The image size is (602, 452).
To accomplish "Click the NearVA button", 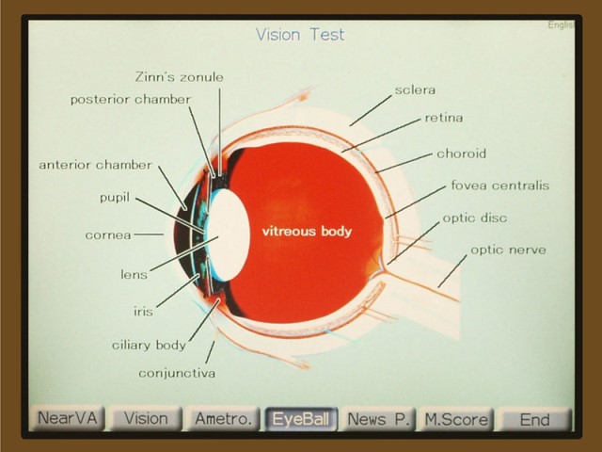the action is pyautogui.click(x=67, y=418).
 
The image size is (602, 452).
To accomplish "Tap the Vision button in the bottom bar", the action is pyautogui.click(x=146, y=418).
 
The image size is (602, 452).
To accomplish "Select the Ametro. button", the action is pyautogui.click(x=224, y=418).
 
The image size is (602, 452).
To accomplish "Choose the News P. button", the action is pyautogui.click(x=378, y=418).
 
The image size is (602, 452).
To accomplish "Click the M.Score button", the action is pyautogui.click(x=456, y=418).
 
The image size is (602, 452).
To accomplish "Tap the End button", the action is pyautogui.click(x=535, y=418).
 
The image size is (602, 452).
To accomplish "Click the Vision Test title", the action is pyautogui.click(x=300, y=35).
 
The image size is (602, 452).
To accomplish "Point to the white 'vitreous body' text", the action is pyautogui.click(x=307, y=232).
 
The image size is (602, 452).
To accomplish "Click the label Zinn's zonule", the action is pyautogui.click(x=180, y=77).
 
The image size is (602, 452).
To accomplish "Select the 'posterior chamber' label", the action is pyautogui.click(x=131, y=100).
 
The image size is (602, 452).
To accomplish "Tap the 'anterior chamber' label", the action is pyautogui.click(x=96, y=165).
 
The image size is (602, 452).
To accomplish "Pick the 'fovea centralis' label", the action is pyautogui.click(x=500, y=186).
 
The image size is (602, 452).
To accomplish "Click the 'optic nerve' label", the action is pyautogui.click(x=508, y=250).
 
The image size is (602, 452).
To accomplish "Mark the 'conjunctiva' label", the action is pyautogui.click(x=177, y=374).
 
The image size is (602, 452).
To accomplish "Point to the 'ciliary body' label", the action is pyautogui.click(x=149, y=346).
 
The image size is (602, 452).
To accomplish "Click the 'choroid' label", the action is pyautogui.click(x=462, y=153).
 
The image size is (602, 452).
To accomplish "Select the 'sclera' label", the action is pyautogui.click(x=415, y=90).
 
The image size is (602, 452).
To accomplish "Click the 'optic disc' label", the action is pyautogui.click(x=475, y=218).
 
